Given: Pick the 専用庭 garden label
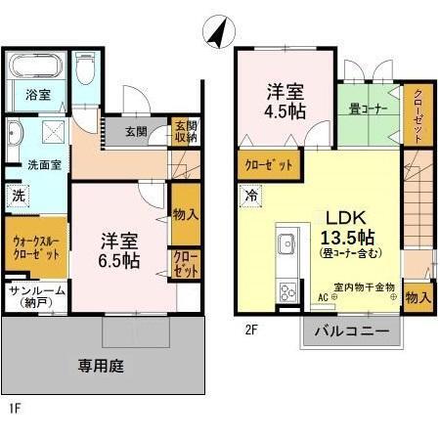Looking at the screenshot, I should click(100, 368).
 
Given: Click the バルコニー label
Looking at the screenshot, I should click(349, 331).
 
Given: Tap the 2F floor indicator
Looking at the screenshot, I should click(250, 330).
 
